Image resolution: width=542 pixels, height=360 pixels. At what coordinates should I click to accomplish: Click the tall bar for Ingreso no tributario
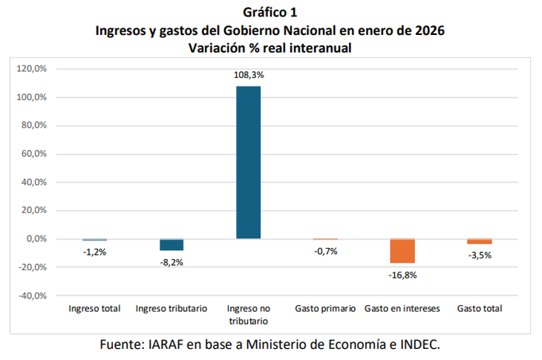click(x=248, y=162)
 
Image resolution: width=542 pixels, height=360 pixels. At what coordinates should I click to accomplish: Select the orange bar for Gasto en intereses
click(x=402, y=252)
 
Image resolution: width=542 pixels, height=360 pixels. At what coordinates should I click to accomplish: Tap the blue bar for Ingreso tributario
click(x=172, y=245)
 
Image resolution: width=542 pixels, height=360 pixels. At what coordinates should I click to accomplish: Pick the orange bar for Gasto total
click(x=480, y=241)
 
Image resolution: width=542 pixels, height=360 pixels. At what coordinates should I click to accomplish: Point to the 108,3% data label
click(x=249, y=75)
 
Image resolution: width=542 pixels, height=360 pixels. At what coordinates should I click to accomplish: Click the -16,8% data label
click(x=402, y=275)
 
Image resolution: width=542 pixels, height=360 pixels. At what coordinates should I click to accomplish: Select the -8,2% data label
click(x=172, y=262)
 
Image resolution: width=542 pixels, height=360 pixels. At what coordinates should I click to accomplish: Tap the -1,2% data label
click(x=94, y=252)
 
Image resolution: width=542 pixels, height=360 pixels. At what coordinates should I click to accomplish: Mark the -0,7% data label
click(x=325, y=251)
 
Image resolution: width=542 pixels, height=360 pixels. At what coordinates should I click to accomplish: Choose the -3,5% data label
click(x=480, y=255)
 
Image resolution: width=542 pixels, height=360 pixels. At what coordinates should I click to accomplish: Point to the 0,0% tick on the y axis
click(x=36, y=239)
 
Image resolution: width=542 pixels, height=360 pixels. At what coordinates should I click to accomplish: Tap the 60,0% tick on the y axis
click(x=33, y=154)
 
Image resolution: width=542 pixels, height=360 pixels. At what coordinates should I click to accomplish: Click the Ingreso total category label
click(x=94, y=308)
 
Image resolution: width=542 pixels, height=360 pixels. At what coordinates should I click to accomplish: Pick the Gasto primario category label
click(x=325, y=308)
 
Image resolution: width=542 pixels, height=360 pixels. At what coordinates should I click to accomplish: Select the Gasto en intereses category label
click(x=402, y=308)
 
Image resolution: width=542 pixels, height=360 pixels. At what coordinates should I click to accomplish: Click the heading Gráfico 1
click(x=270, y=13)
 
